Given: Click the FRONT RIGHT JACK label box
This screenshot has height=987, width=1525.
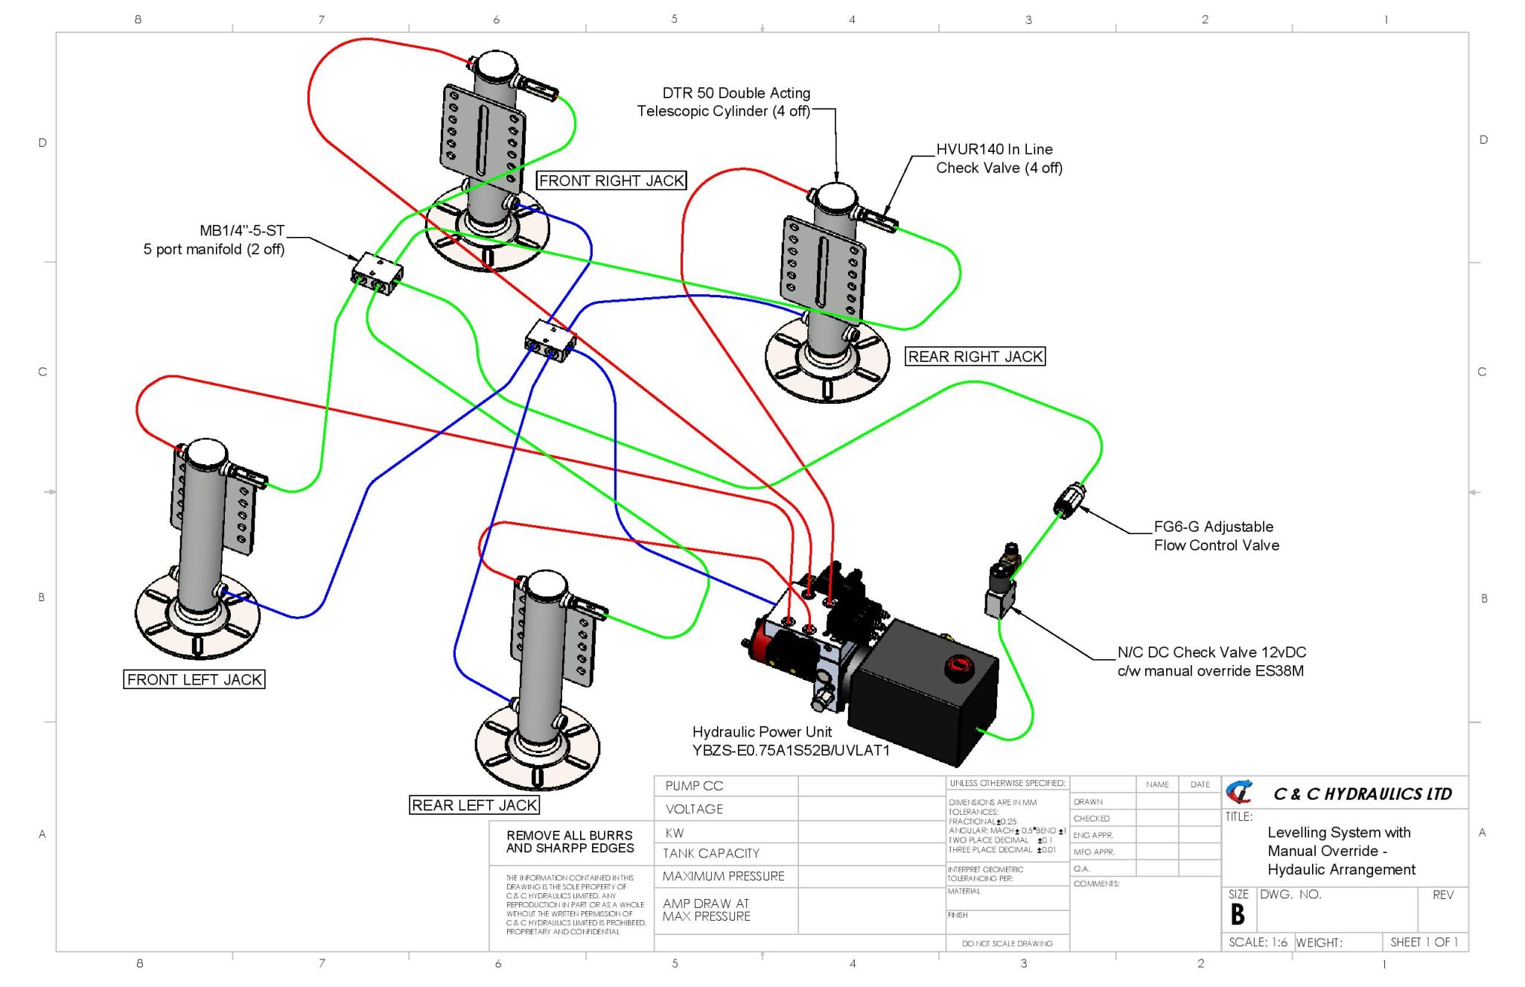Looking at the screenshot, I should [x=611, y=181].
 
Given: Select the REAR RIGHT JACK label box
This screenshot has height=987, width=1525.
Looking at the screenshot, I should [x=975, y=357].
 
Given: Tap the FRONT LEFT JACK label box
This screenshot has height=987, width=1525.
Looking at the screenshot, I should [x=194, y=679].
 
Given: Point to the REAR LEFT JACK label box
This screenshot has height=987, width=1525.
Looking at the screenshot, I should [x=474, y=805].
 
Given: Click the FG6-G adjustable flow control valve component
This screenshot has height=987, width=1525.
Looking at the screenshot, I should [x=1069, y=500].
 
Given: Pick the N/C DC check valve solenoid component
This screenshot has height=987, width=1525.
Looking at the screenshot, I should [x=1002, y=585].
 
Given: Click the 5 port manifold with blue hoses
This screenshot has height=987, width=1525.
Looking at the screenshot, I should [x=550, y=341].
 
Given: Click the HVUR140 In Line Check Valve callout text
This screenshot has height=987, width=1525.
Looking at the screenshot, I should [x=998, y=159].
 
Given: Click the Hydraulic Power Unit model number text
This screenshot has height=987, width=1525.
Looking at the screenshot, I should [x=791, y=751].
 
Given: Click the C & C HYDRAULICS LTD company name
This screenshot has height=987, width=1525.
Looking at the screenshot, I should [x=1362, y=794].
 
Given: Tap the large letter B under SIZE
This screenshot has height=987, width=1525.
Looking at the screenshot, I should [x=1238, y=914].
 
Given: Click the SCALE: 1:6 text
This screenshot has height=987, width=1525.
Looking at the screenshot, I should [x=1258, y=942].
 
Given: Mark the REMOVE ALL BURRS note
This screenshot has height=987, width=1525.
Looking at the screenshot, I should [x=570, y=842].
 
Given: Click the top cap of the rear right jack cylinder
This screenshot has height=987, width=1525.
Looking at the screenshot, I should [x=835, y=197].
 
